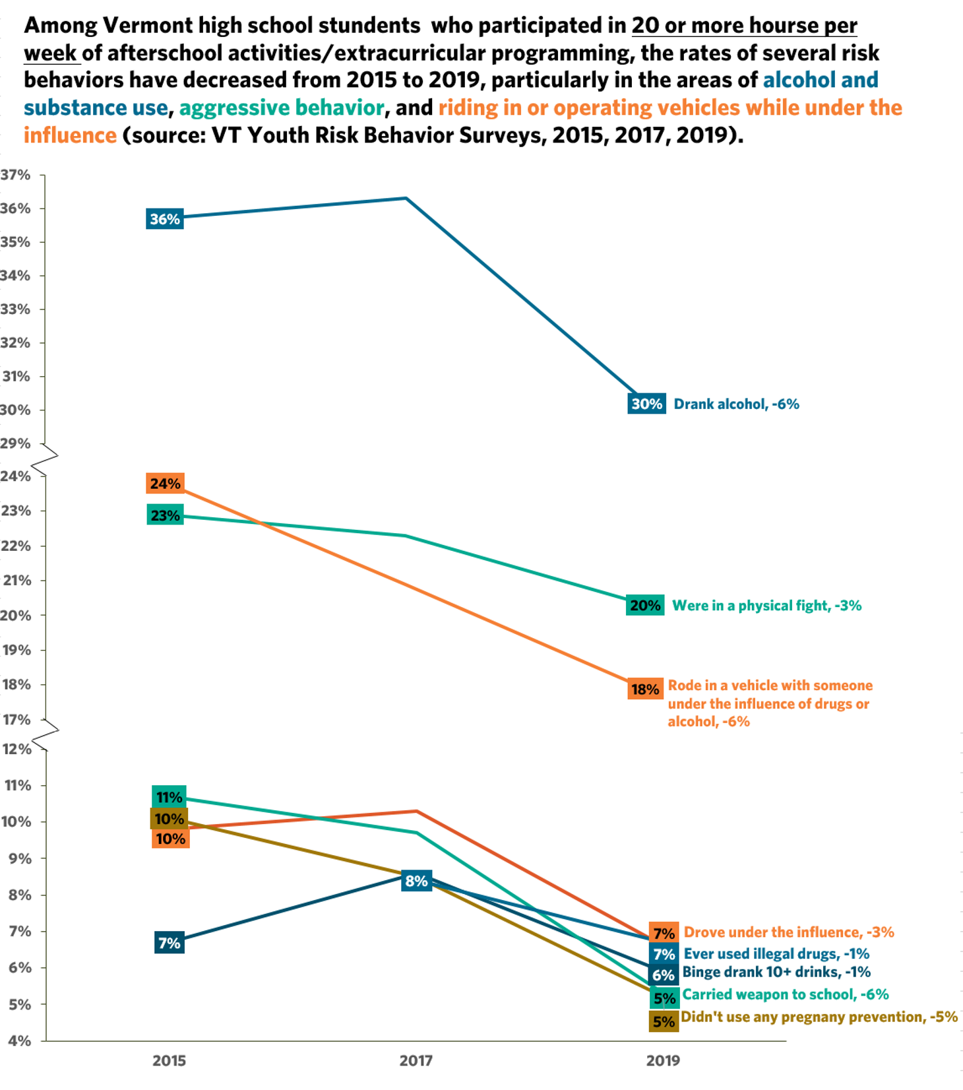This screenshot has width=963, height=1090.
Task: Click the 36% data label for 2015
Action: pos(164,219)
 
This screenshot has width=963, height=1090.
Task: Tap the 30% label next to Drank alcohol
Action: pos(646,404)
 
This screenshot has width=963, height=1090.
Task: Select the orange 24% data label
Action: pos(165,484)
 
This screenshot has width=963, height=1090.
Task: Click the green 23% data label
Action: pos(165,515)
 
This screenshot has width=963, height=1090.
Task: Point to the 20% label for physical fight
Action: pos(644,605)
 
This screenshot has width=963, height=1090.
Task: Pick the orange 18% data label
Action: pos(645,689)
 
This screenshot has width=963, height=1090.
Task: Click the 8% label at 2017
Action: pos(416,881)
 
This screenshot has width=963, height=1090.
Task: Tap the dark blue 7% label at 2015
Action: pos(170,943)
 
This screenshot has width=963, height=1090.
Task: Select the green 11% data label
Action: pos(169,797)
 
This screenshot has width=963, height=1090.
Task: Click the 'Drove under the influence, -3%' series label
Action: pos(788,932)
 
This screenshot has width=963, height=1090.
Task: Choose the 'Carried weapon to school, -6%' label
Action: pos(785,994)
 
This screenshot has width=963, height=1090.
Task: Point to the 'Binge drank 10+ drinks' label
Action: pos(776,972)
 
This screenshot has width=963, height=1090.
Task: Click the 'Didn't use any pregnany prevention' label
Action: pos(819,1017)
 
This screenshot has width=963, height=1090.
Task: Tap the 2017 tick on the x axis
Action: pos(416,1060)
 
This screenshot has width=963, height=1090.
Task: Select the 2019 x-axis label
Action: pos(663,1060)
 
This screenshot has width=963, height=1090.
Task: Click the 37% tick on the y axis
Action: pos(16,175)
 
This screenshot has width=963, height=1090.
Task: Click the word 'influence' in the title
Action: pos(70,135)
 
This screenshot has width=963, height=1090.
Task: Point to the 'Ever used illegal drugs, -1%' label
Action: pos(776,953)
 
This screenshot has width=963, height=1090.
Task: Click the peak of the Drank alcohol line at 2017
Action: pos(406,198)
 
